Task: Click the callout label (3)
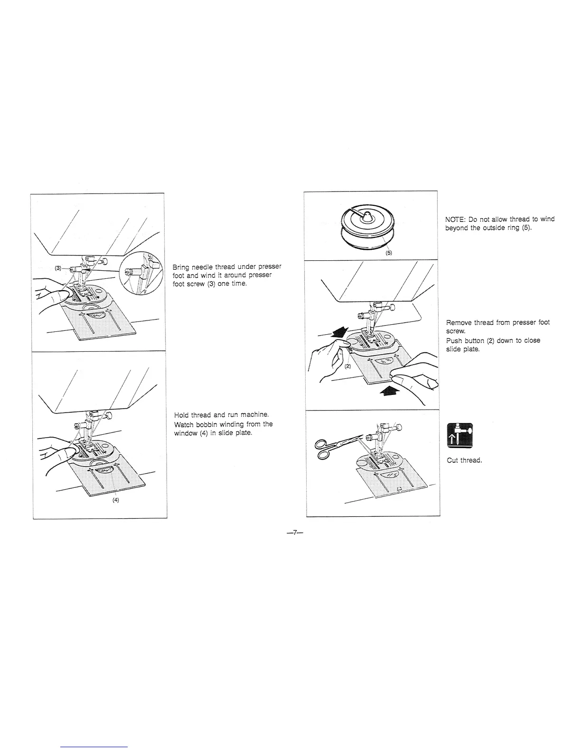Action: (58, 268)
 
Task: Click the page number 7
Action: (294, 532)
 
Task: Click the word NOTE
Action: (455, 220)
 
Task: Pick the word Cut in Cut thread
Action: (452, 460)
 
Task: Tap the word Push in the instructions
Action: (454, 340)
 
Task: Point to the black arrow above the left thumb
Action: (338, 332)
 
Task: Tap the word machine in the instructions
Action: (256, 415)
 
